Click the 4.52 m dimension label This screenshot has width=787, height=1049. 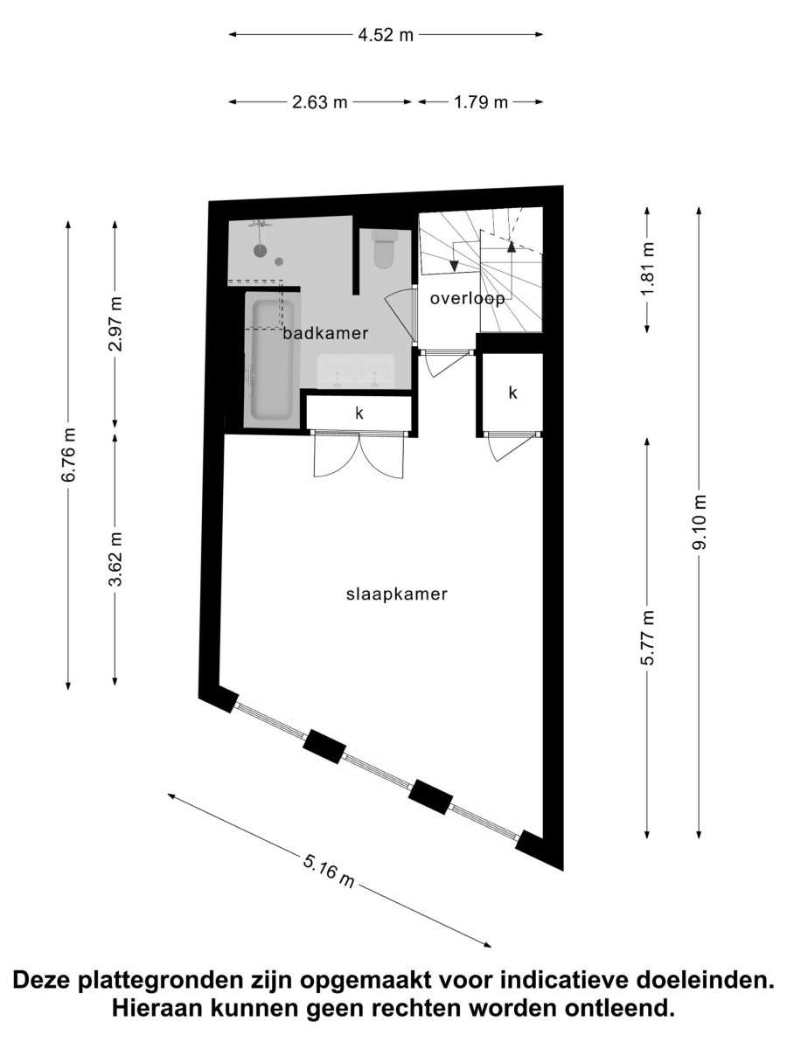point(386,35)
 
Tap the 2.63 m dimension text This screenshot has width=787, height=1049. point(320,102)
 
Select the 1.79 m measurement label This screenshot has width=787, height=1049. point(480,102)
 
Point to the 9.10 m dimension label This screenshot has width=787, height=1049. point(699,523)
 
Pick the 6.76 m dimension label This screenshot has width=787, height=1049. point(68,455)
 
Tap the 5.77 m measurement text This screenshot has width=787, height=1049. point(647,637)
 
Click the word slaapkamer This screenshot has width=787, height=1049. point(397,594)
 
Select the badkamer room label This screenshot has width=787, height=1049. point(325,333)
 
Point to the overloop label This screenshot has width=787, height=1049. point(467,299)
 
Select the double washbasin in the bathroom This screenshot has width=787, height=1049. point(356,372)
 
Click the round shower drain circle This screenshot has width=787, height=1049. point(260,250)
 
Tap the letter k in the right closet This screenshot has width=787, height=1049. point(512,393)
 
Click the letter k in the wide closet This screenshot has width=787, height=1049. point(359,413)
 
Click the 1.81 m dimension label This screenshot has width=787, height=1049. point(647,269)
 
